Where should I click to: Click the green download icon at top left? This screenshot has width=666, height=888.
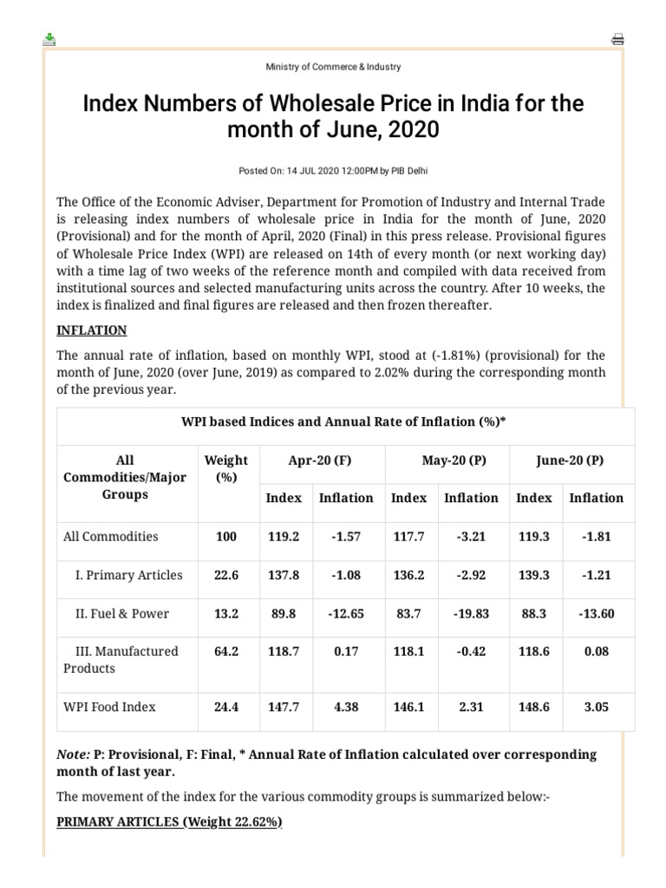49,39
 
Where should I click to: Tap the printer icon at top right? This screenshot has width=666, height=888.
617,39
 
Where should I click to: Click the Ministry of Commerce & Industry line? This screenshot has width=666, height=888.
333,67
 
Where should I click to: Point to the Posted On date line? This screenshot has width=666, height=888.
333,170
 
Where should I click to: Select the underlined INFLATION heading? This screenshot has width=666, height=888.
92,330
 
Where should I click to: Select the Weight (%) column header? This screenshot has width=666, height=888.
225,469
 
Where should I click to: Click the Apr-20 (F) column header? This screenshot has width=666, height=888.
322,460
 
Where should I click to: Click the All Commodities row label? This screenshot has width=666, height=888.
111,536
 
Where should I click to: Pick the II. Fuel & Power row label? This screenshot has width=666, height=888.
121,613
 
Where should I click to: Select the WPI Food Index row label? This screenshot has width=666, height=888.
110,707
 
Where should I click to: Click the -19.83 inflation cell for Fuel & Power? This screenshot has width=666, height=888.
471,613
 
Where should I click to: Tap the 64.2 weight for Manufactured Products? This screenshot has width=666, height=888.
225,651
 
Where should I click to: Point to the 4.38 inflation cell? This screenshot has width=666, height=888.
346,707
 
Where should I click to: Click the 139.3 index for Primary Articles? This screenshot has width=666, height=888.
533,575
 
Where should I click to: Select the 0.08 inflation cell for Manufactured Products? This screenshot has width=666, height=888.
596,651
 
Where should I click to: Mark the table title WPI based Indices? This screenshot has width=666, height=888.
343,422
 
